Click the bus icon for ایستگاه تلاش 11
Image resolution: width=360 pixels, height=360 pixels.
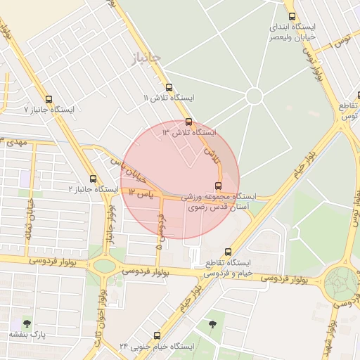pos(169,88)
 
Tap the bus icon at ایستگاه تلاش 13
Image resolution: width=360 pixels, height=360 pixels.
pos(188,122)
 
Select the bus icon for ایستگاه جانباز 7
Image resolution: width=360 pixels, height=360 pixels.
pos(49,99)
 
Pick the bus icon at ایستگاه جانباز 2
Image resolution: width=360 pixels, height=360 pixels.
pos(94,179)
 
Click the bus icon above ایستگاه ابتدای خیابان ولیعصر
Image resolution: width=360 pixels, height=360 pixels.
pos(292,16)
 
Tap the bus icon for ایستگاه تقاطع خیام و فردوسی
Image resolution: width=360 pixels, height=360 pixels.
pos(227,251)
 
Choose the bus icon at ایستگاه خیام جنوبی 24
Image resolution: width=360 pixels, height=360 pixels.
pos(156,335)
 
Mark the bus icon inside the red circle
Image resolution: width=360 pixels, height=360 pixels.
pos(218,186)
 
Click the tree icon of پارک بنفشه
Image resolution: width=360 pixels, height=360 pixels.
pos(27,323)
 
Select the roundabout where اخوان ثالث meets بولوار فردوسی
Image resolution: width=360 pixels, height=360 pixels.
pos(104,265)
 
